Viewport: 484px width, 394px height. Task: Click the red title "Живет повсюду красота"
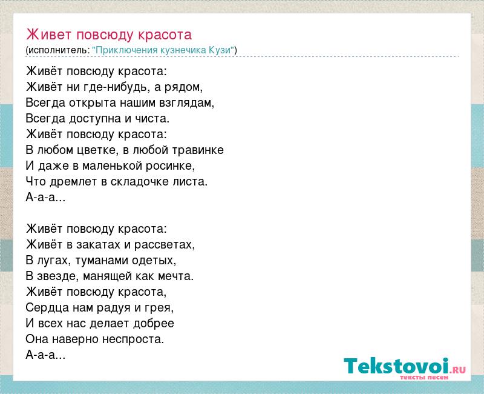(x=109, y=35)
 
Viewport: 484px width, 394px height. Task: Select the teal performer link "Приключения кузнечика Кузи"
(x=163, y=50)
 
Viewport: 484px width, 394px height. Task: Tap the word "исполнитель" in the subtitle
(x=57, y=50)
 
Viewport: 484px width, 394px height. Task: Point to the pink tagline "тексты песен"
(x=424, y=377)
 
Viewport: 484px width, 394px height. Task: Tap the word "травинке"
(x=198, y=150)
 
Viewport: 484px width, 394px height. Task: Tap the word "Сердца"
(x=47, y=308)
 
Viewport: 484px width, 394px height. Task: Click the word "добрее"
(x=154, y=324)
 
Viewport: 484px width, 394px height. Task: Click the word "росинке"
(x=171, y=166)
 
